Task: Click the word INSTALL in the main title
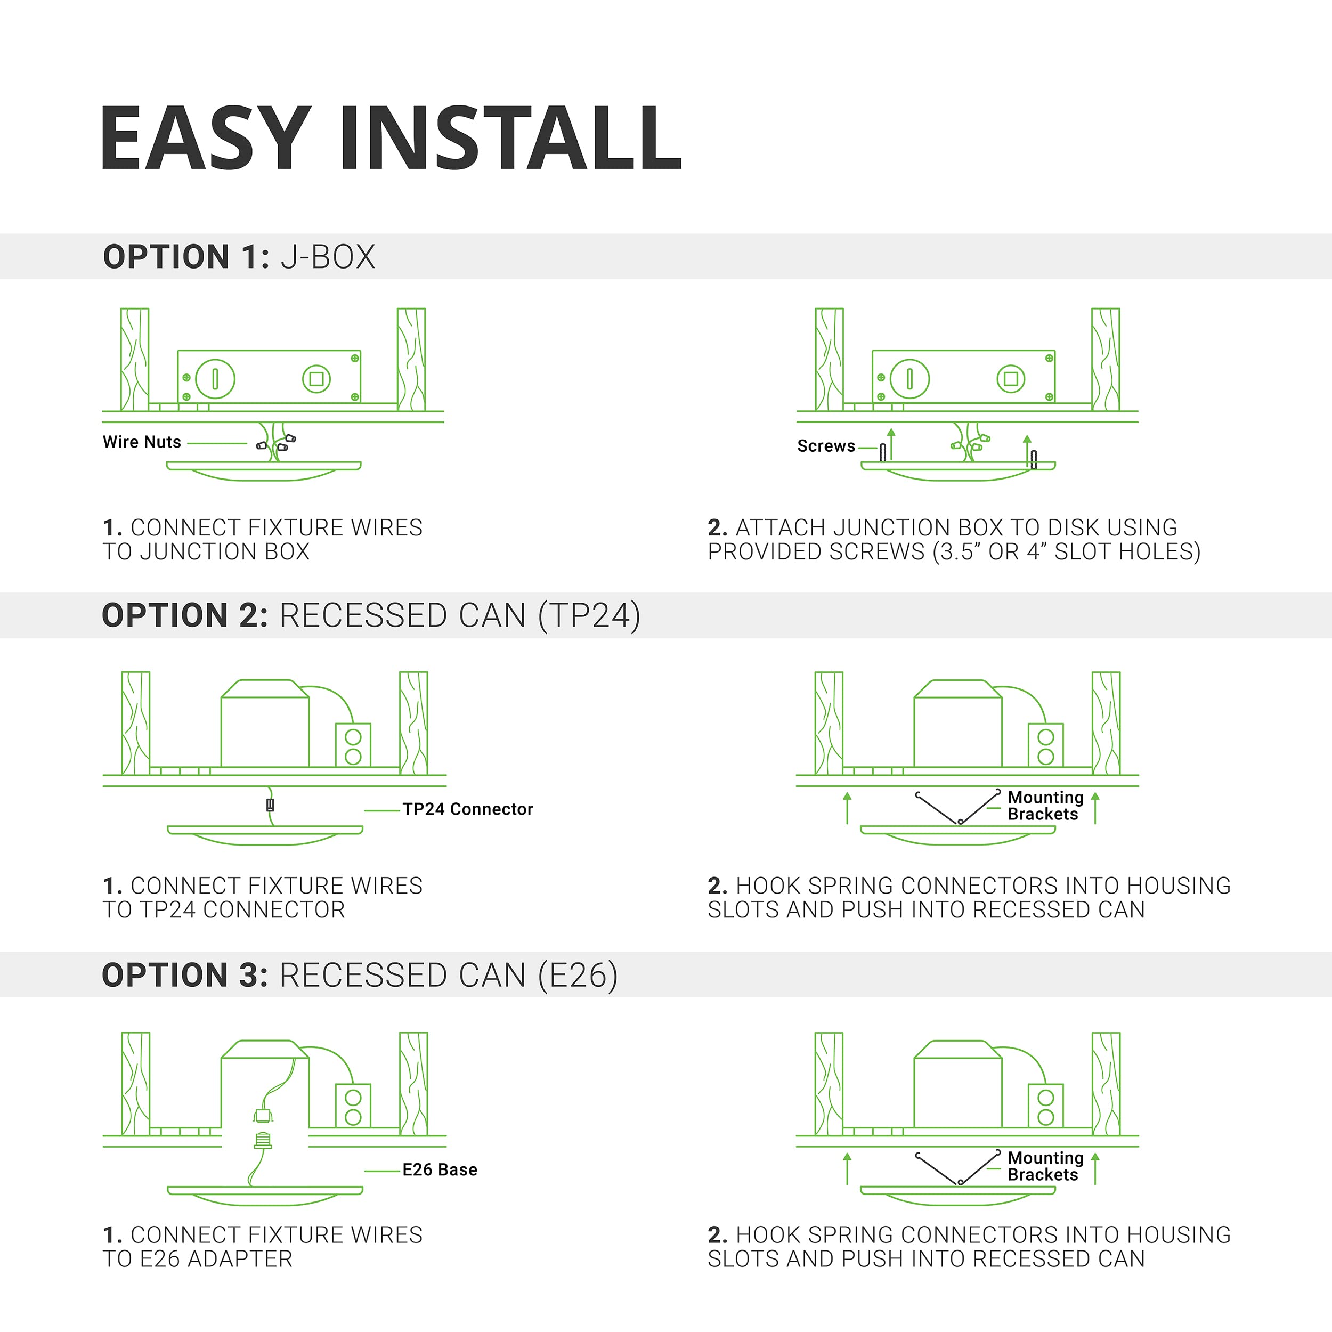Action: click(x=510, y=138)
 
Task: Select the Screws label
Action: click(x=826, y=446)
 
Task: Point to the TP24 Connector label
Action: click(x=467, y=809)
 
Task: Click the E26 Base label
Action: click(x=440, y=1169)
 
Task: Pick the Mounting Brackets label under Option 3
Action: click(x=1045, y=1166)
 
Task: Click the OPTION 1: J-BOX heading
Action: click(x=239, y=256)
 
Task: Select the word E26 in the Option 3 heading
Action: click(x=578, y=975)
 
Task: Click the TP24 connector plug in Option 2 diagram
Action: click(x=270, y=805)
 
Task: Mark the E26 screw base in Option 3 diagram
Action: click(x=263, y=1141)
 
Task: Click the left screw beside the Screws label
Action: click(x=882, y=452)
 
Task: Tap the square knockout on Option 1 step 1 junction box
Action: click(x=316, y=378)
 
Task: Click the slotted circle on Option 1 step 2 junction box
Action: click(x=909, y=378)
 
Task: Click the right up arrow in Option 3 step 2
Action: click(x=1095, y=1168)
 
